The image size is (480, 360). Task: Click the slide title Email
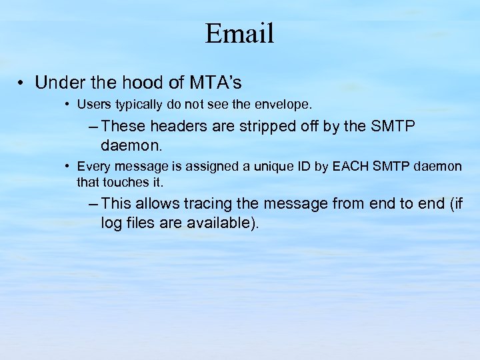[239, 33]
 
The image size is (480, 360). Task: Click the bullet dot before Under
[21, 83]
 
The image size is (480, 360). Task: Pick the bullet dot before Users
[68, 105]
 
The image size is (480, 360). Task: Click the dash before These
[93, 126]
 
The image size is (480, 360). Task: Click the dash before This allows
[93, 203]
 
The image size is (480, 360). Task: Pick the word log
[111, 223]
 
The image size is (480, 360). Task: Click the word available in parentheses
[219, 223]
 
